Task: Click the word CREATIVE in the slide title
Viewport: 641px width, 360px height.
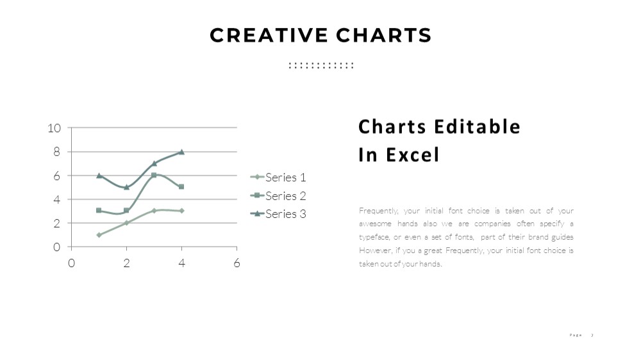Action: pos(269,35)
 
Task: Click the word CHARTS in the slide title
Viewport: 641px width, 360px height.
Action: pos(384,35)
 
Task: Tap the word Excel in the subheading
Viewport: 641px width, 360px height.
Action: pos(412,154)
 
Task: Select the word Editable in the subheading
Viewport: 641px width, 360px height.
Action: pos(477,126)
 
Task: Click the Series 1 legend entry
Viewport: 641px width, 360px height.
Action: pos(278,177)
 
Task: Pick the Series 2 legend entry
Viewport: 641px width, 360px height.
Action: pos(278,196)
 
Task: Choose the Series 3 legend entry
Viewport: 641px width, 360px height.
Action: pos(278,214)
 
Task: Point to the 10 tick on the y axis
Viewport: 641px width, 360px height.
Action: pos(54,128)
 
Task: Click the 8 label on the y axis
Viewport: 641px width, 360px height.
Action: pos(56,152)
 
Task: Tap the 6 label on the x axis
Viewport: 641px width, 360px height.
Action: pos(237,263)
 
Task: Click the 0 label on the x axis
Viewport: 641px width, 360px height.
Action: pos(72,263)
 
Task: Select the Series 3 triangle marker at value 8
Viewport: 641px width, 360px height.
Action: pos(181,152)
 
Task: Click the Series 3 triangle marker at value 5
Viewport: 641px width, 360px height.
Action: pos(126,187)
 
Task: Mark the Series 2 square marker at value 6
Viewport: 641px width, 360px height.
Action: pos(154,176)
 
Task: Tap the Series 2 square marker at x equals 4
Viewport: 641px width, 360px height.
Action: pos(181,187)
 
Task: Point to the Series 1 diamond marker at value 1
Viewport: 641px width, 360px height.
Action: pos(99,235)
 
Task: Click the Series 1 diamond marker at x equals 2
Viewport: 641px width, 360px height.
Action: pos(126,223)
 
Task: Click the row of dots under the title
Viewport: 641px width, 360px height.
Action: pos(321,65)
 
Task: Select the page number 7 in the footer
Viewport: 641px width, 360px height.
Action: pos(592,335)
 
